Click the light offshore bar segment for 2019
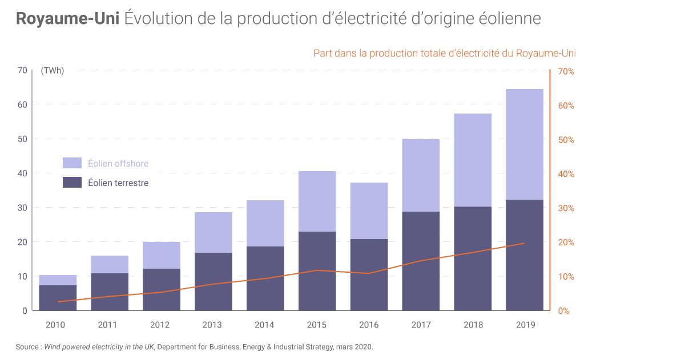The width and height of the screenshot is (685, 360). click(525, 144)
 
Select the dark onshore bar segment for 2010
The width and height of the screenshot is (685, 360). click(58, 298)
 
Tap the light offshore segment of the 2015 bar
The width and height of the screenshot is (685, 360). click(317, 201)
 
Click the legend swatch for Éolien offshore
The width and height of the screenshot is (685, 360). click(72, 163)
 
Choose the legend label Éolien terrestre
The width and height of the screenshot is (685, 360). click(118, 183)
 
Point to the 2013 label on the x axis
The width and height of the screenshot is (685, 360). click(212, 325)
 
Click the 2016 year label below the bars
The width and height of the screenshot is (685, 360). click(369, 325)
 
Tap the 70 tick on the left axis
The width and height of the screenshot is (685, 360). click(22, 70)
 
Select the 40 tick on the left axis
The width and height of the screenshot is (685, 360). click(22, 173)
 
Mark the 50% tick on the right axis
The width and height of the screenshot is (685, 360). click(566, 140)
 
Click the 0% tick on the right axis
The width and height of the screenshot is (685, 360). click(563, 311)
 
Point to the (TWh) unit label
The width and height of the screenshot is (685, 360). click(53, 71)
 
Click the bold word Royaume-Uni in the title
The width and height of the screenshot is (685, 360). click(67, 18)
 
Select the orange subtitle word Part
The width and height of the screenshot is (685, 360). click(323, 53)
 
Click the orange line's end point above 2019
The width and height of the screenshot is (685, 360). click(525, 243)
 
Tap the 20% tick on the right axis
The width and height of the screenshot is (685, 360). click(566, 242)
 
